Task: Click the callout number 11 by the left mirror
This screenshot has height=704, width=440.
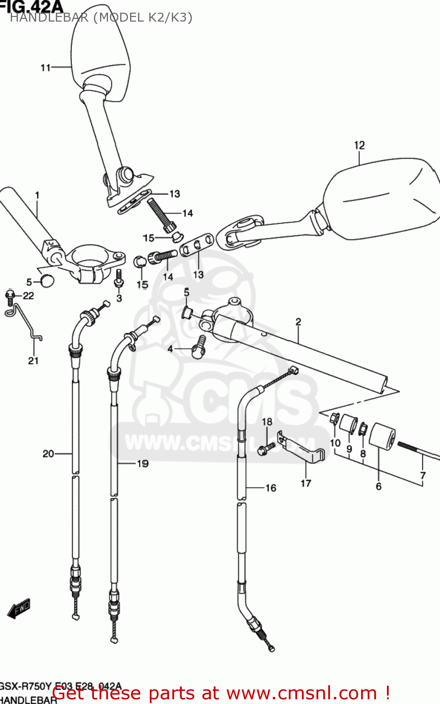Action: [x=45, y=68]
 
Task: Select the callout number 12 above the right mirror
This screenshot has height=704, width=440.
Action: [x=359, y=145]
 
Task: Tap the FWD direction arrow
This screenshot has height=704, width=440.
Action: [x=19, y=609]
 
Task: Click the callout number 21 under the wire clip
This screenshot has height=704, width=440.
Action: [x=33, y=360]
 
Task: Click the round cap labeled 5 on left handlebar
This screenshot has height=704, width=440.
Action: [x=46, y=281]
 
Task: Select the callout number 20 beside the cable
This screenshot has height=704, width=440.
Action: [x=48, y=453]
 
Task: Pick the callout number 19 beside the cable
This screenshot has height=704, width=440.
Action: [x=142, y=464]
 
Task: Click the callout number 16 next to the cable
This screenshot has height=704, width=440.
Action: [x=271, y=488]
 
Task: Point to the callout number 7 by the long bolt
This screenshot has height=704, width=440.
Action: [x=423, y=475]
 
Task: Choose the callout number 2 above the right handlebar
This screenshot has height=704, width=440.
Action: [x=298, y=321]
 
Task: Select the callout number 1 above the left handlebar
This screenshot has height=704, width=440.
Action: [x=37, y=195]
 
